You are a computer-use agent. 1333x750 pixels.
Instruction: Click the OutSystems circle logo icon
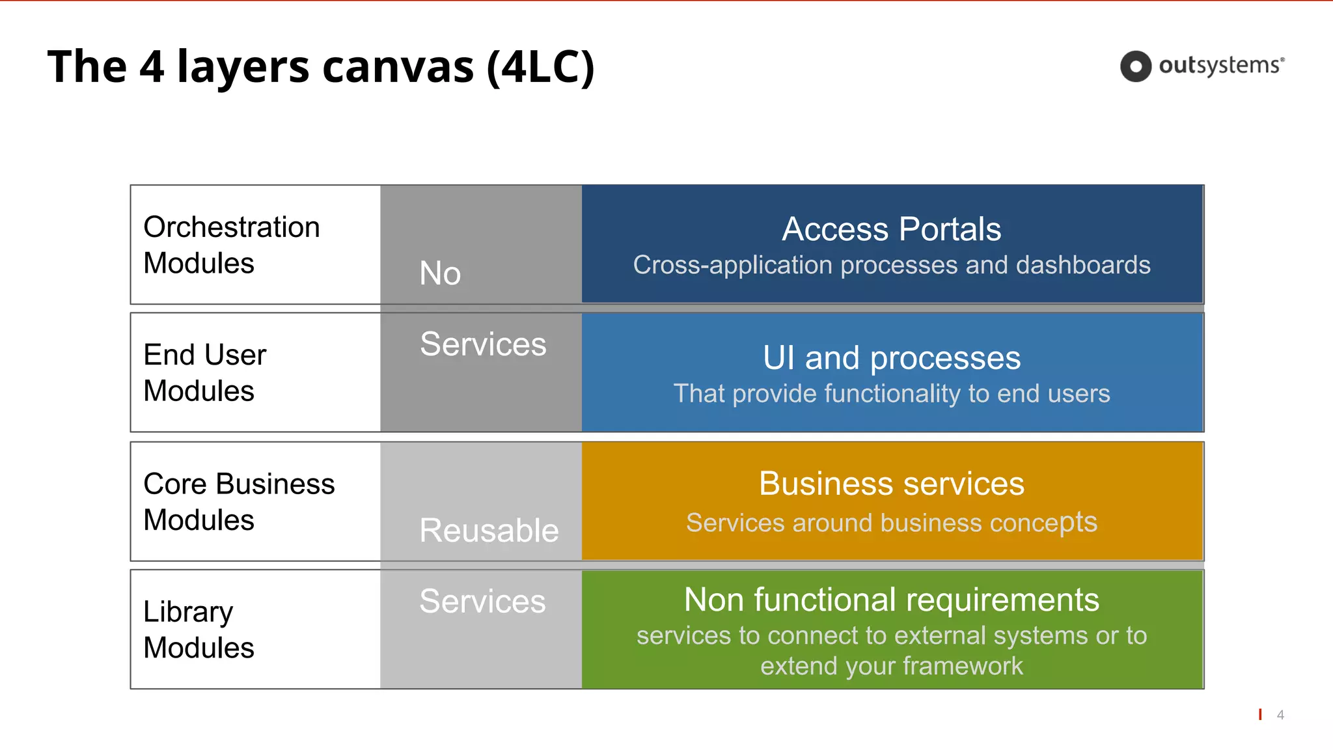coord(1136,66)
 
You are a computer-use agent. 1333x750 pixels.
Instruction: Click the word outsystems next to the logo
coord(1220,66)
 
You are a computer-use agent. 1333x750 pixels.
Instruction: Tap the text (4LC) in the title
coord(540,67)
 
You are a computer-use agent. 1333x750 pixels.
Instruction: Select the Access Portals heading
coord(891,229)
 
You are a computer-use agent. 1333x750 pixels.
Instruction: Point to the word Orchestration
coord(232,227)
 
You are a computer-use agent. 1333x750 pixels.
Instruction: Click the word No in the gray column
coord(440,273)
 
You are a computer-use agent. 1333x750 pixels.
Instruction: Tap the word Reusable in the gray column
coord(489,530)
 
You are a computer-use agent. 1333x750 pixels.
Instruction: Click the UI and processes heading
coord(891,358)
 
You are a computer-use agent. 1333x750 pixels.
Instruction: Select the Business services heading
coord(891,484)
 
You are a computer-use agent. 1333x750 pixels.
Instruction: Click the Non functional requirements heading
coord(891,600)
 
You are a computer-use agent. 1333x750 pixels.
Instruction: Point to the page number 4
coord(1280,715)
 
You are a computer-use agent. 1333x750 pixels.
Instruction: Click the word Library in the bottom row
coord(188,612)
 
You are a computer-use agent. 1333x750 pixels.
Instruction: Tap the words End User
coord(205,355)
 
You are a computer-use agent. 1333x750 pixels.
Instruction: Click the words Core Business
coord(239,484)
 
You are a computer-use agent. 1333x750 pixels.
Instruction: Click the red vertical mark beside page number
coord(1260,714)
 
